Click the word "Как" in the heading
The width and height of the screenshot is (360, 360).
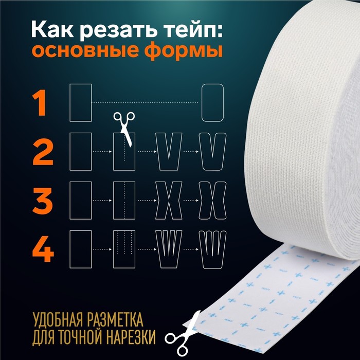point(52,29)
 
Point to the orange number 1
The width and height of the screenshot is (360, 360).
point(40,103)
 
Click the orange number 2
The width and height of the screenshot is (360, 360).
point(43,152)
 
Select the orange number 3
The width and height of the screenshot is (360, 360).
point(43,201)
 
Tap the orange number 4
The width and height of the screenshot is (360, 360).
point(43,249)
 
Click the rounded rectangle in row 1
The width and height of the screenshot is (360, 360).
point(212,103)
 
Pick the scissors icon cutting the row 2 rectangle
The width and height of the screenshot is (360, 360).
point(124,128)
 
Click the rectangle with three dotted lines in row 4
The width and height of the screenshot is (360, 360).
point(124,249)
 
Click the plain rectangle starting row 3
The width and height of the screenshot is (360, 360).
point(81,201)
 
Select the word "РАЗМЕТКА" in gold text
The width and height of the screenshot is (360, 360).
point(115,319)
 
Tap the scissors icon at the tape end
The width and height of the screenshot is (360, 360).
point(182,334)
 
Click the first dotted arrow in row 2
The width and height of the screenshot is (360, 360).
point(102,152)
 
